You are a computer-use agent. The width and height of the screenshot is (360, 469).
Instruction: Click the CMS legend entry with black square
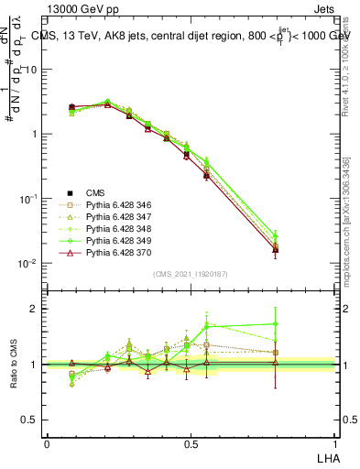point(94,193)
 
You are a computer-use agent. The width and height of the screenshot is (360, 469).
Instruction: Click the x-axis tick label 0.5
point(191,442)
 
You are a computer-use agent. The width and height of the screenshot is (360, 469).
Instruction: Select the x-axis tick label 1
point(334,442)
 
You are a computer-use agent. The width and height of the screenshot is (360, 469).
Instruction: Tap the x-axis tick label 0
point(47,442)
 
